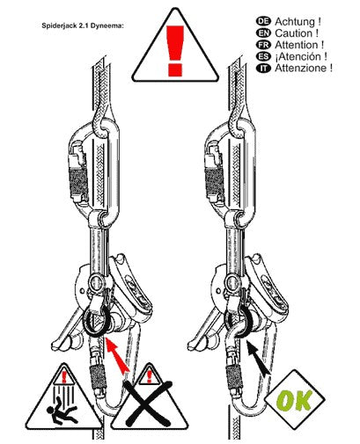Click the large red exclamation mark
[175, 51]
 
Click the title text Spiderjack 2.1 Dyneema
[83, 25]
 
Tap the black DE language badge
[263, 21]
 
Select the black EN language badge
[263, 33]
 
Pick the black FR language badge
[263, 45]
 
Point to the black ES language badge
[263, 56]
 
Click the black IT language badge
[263, 68]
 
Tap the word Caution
[294, 33]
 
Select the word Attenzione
[301, 69]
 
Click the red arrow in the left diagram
[117, 355]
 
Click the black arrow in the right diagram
[258, 358]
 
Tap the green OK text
[294, 400]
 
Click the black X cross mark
[149, 403]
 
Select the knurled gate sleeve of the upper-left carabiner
[78, 181]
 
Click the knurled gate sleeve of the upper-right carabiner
[214, 181]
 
